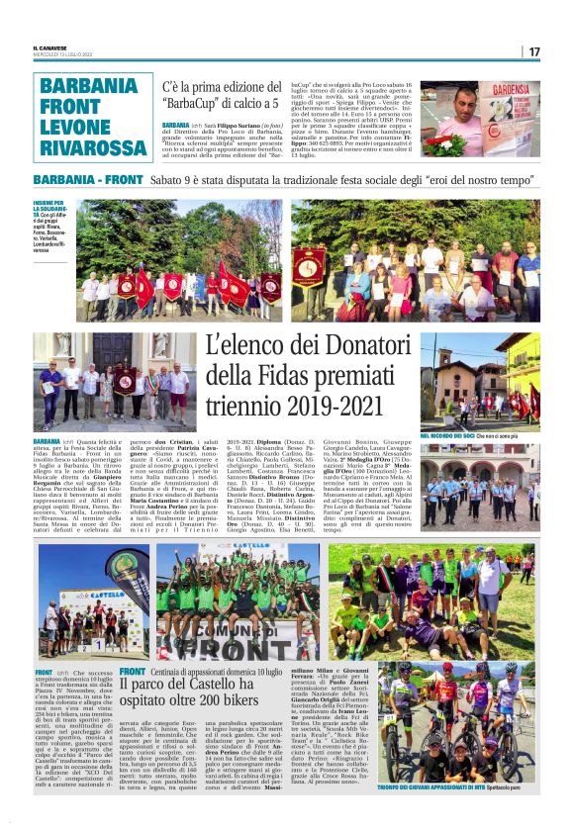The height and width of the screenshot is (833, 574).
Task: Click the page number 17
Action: [x=561, y=50]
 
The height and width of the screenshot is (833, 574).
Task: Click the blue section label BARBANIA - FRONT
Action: [x=88, y=180]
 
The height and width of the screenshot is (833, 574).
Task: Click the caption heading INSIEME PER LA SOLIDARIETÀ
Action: [x=49, y=207]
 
